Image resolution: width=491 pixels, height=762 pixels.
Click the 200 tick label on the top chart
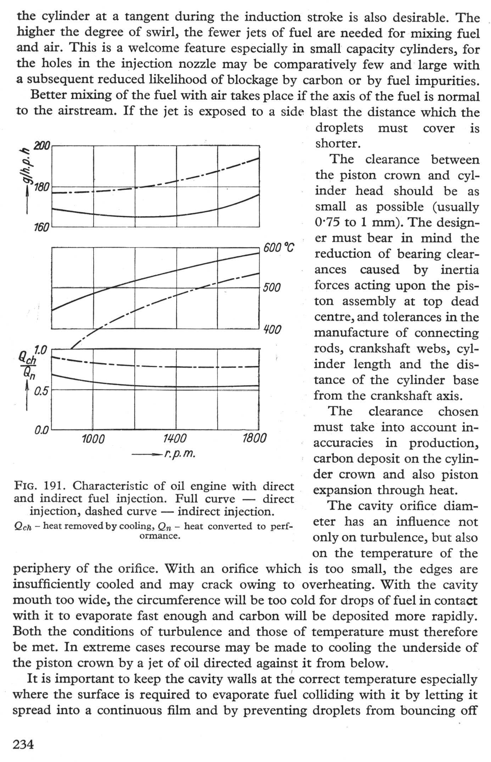point(43,146)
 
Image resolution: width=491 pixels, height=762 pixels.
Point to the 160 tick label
point(41,227)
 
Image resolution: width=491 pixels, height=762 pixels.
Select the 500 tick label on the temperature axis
point(272,288)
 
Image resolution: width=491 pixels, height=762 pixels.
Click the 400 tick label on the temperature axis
point(272,330)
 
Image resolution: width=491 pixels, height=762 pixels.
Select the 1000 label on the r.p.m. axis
point(93,439)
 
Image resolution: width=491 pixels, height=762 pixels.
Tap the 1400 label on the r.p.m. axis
point(175,439)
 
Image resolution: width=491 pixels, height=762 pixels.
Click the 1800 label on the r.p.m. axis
point(255,439)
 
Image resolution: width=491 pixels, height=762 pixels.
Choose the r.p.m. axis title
point(179,454)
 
